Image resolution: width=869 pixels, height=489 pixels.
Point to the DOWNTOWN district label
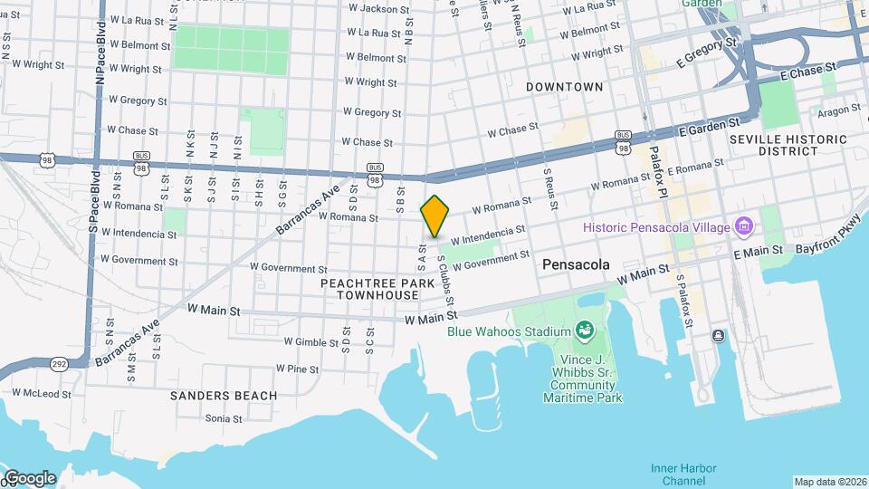point(565,87)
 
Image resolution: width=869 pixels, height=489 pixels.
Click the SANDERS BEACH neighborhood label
point(211,396)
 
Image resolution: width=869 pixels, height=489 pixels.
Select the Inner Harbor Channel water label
point(683,474)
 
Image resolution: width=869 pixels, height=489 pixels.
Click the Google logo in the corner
point(29,477)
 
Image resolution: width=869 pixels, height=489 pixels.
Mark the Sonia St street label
point(223,418)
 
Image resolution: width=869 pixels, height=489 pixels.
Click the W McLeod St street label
point(40,394)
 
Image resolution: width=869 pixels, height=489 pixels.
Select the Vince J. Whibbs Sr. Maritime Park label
point(585,378)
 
